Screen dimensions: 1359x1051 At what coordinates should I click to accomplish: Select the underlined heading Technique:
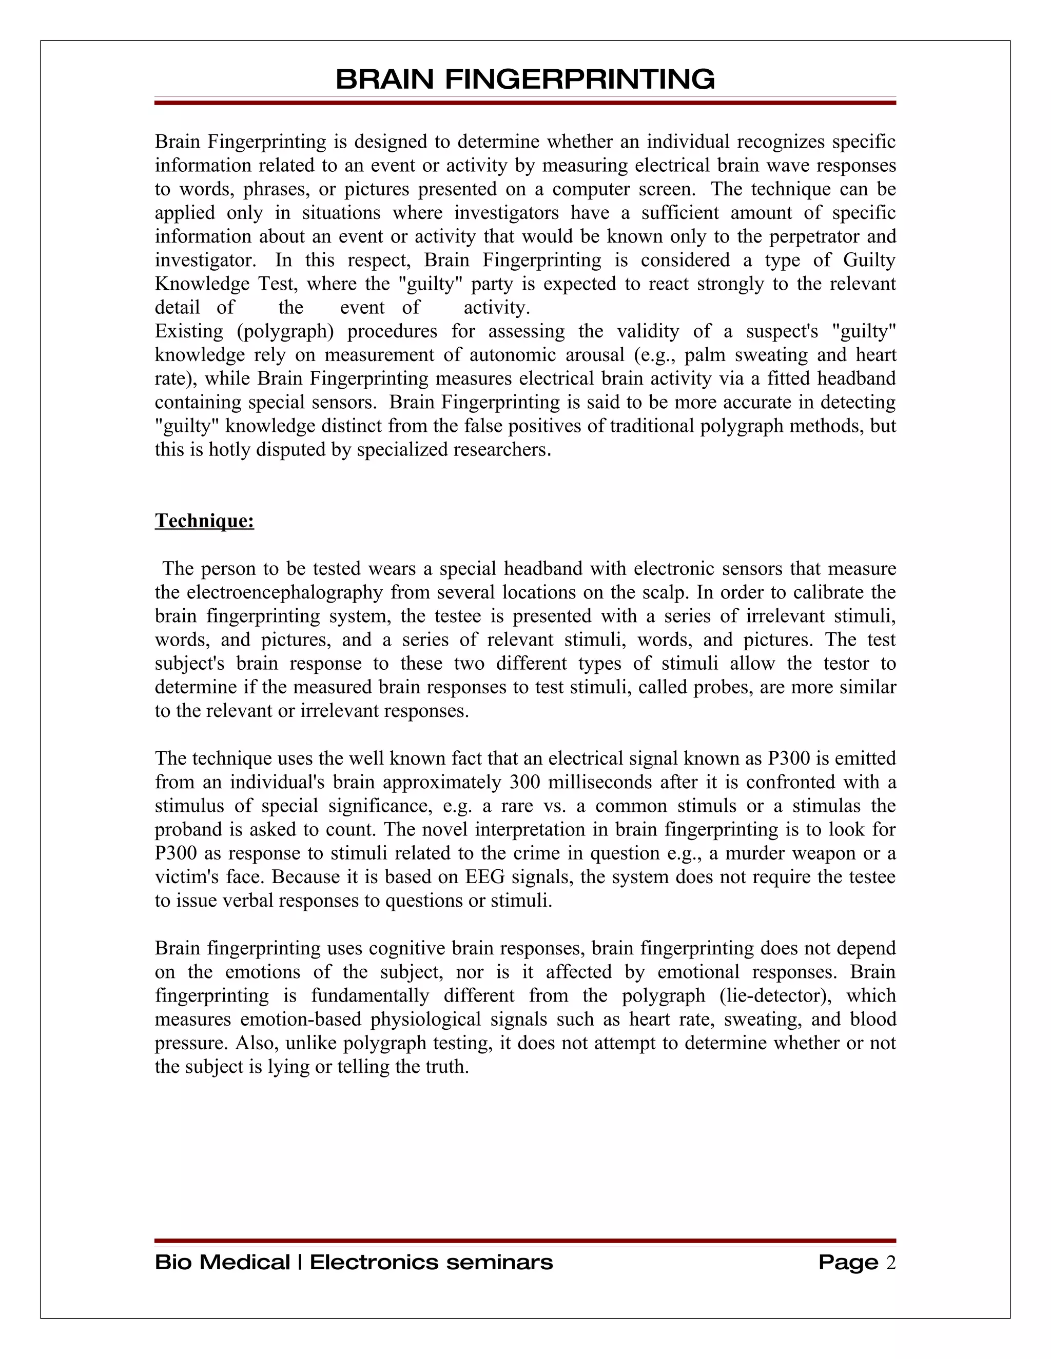click(x=204, y=521)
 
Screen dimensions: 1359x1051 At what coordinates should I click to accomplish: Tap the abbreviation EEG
click(x=480, y=877)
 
